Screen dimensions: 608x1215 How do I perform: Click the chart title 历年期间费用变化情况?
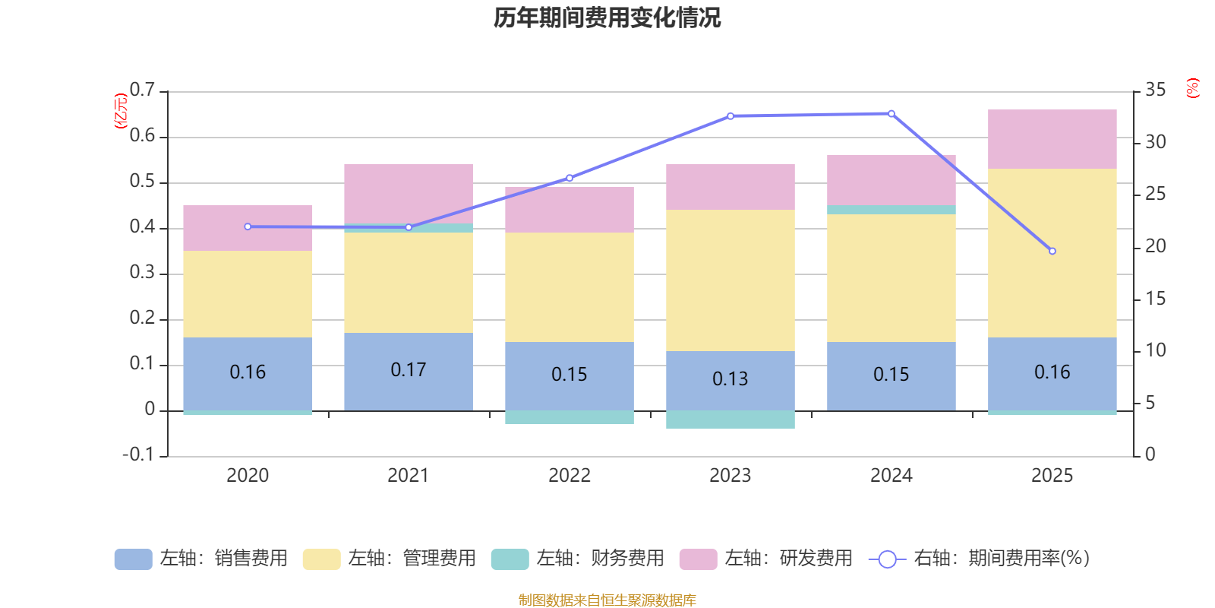[607, 17]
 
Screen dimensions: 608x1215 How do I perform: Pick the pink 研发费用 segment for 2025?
[1052, 139]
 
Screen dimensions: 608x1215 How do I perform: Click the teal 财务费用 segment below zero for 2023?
[730, 420]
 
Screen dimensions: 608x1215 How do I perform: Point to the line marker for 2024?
[891, 114]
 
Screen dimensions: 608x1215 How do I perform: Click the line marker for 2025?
[1052, 251]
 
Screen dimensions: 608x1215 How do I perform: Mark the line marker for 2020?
[248, 226]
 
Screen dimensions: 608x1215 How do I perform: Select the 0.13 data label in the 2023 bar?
[730, 378]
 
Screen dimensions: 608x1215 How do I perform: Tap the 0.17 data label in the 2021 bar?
[408, 369]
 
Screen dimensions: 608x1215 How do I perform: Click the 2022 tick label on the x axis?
[569, 476]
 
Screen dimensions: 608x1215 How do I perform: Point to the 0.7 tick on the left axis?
[142, 90]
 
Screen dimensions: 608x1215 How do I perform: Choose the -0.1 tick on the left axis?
[138, 454]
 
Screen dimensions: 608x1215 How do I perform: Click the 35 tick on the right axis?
[1155, 90]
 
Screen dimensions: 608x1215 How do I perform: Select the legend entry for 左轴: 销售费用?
[201, 559]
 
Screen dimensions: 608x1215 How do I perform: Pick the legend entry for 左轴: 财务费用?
[578, 559]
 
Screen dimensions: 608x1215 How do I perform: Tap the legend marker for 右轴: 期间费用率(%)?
[887, 559]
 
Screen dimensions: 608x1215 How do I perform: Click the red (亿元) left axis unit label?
[120, 111]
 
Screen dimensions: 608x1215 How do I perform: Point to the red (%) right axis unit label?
[1192, 88]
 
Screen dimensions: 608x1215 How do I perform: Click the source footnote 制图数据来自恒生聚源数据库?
[607, 600]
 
